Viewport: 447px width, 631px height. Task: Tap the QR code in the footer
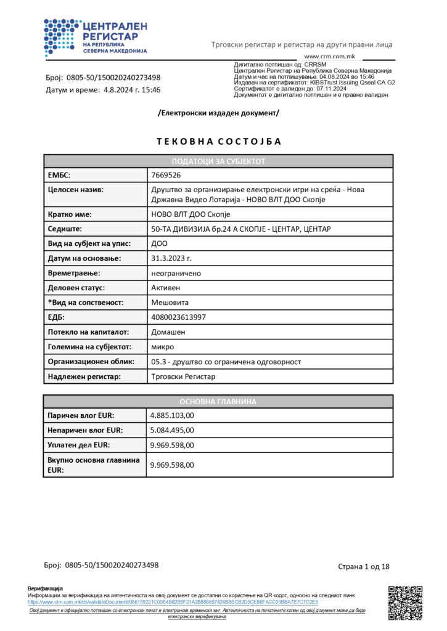click(x=405, y=602)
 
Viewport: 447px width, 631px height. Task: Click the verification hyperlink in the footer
click(x=173, y=601)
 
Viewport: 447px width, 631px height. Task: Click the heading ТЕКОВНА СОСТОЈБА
click(x=219, y=141)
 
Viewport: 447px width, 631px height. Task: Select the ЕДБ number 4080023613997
click(x=179, y=317)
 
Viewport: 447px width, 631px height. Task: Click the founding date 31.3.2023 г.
click(x=171, y=258)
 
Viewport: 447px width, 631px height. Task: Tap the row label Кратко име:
click(x=70, y=214)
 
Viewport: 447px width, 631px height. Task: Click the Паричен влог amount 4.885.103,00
click(x=173, y=415)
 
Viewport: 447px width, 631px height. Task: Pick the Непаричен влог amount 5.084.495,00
click(x=173, y=430)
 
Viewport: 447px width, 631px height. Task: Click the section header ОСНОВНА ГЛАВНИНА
click(x=218, y=401)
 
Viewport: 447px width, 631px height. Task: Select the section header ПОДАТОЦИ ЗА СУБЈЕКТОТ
click(x=218, y=161)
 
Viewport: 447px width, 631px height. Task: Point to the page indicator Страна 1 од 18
click(x=364, y=566)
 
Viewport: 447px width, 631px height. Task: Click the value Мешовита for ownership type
click(x=170, y=303)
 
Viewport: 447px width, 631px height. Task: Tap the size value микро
click(x=163, y=347)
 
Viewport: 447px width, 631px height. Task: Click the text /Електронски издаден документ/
click(x=219, y=113)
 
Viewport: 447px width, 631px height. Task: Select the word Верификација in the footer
click(x=45, y=588)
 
